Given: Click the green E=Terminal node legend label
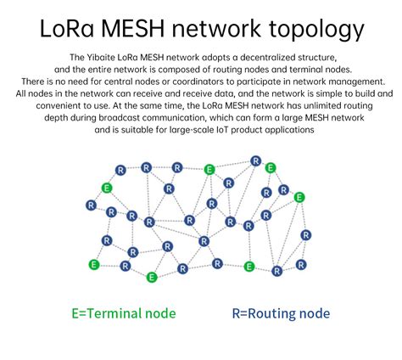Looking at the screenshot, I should point(124,313).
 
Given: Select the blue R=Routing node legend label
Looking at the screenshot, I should point(281,313).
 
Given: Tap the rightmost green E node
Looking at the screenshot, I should point(299,197).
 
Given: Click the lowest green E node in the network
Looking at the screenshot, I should point(151,277).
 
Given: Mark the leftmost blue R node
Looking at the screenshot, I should point(91,205).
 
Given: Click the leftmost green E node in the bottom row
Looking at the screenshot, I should point(94,264).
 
